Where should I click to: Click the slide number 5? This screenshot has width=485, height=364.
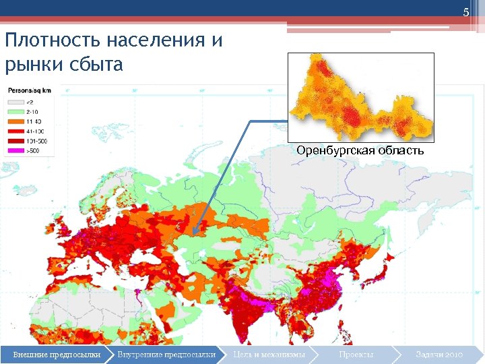[x=465, y=13]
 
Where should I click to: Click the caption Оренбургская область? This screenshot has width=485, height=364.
[x=360, y=150]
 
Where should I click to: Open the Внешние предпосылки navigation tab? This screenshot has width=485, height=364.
[x=57, y=354]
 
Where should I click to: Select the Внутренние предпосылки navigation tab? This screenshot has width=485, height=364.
[x=166, y=354]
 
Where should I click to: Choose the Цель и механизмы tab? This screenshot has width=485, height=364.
[x=269, y=354]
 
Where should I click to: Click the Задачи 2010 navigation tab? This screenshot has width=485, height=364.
[x=439, y=354]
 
